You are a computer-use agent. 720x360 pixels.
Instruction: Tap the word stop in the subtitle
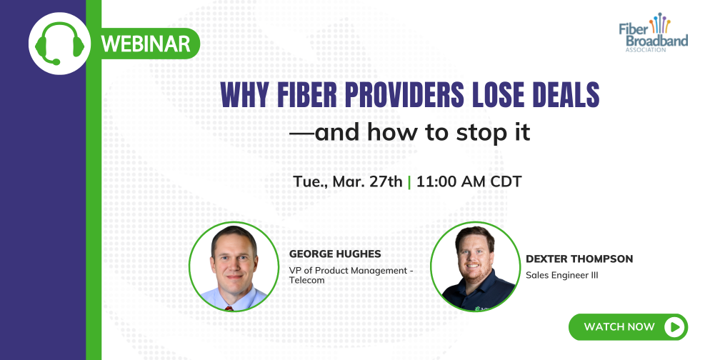click(x=454, y=133)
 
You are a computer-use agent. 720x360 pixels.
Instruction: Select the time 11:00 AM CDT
click(x=469, y=181)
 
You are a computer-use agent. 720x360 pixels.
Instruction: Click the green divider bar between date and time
click(x=409, y=181)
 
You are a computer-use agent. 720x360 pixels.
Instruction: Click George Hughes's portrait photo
click(x=234, y=266)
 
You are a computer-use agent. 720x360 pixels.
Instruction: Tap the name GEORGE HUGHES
click(x=335, y=254)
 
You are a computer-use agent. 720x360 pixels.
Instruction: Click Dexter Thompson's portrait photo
click(x=475, y=266)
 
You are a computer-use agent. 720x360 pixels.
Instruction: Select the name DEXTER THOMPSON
click(x=579, y=259)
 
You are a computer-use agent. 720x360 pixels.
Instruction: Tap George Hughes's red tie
click(x=229, y=307)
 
